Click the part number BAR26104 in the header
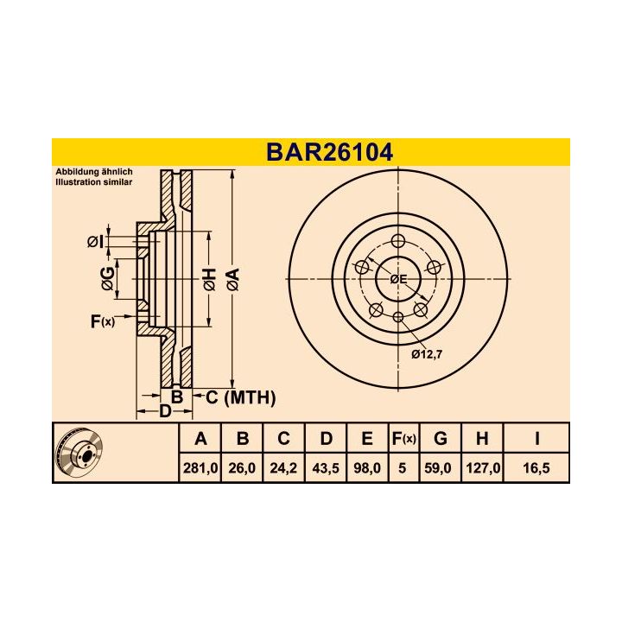(x=329, y=153)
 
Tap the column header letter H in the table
(x=482, y=439)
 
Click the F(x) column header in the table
(x=403, y=439)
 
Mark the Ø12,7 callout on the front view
(x=428, y=353)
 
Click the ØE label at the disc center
(x=398, y=279)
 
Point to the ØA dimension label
(x=232, y=279)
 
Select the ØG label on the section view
(x=106, y=277)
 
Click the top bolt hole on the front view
(x=397, y=241)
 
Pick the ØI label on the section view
(x=95, y=241)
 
